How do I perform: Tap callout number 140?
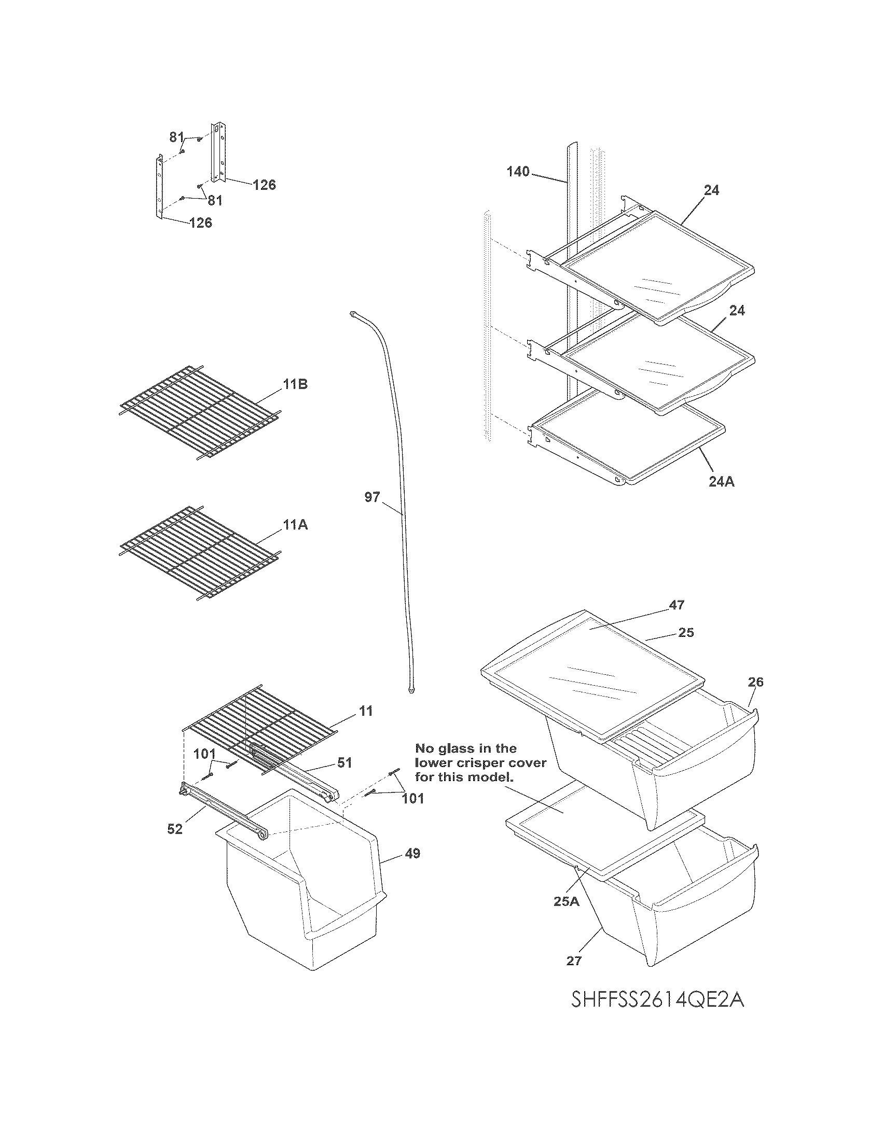(518, 171)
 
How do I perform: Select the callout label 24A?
(721, 482)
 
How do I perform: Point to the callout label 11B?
(295, 384)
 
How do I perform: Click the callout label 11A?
(295, 525)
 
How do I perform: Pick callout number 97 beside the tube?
(372, 497)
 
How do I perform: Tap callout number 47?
(677, 604)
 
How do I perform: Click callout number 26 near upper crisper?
(755, 682)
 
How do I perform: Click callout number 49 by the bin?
(412, 853)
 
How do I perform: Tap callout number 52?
(175, 829)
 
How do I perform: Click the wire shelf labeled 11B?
(199, 413)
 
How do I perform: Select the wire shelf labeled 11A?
(199, 554)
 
